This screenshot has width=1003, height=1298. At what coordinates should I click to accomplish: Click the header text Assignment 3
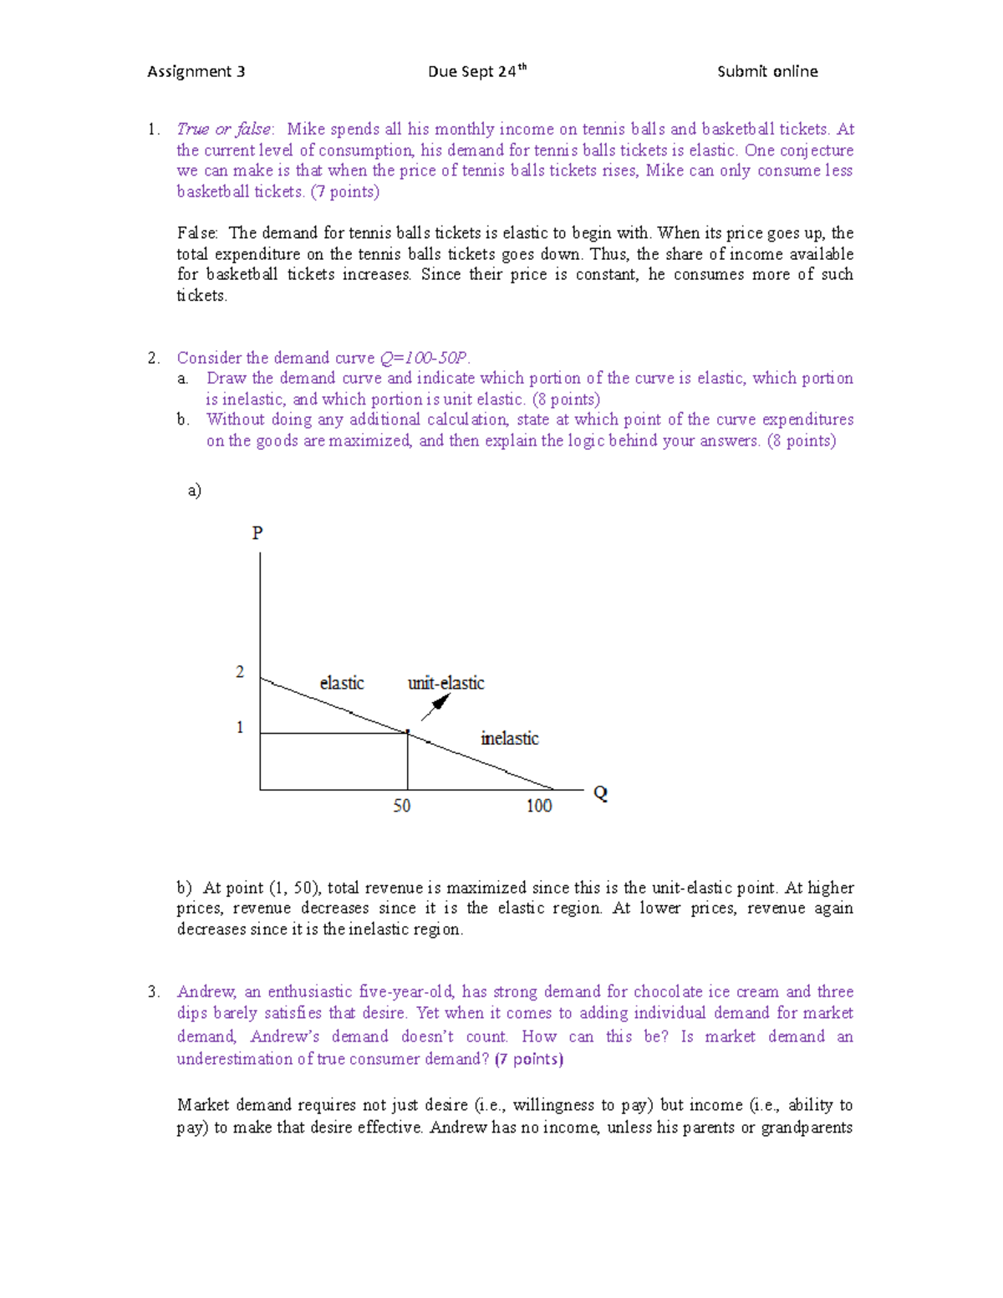pyautogui.click(x=196, y=72)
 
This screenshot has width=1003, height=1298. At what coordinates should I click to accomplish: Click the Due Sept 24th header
pyautogui.click(x=476, y=72)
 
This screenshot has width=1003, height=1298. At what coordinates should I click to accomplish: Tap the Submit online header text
pyautogui.click(x=767, y=72)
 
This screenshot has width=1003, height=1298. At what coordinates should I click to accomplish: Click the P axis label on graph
pyautogui.click(x=257, y=533)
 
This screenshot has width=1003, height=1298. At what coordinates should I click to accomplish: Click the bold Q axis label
pyautogui.click(x=600, y=793)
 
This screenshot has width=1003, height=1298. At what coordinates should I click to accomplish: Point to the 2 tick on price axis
pyautogui.click(x=240, y=672)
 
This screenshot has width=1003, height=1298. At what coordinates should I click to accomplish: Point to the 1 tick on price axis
pyautogui.click(x=240, y=727)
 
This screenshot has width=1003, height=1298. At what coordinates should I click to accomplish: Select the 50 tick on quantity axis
pyautogui.click(x=402, y=806)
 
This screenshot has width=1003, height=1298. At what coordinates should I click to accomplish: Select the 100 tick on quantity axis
pyautogui.click(x=539, y=806)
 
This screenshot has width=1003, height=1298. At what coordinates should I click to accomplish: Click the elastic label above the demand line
pyautogui.click(x=342, y=684)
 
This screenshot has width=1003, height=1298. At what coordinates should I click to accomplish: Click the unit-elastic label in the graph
pyautogui.click(x=445, y=684)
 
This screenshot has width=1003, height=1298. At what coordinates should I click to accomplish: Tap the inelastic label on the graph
pyautogui.click(x=510, y=739)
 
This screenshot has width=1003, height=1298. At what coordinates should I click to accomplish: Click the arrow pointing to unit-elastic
pyautogui.click(x=435, y=707)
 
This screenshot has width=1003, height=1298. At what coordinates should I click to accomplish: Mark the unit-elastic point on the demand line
pyautogui.click(x=408, y=733)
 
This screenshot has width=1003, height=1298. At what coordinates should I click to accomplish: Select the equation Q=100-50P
pyautogui.click(x=423, y=359)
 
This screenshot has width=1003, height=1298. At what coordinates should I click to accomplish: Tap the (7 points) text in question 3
pyautogui.click(x=529, y=1060)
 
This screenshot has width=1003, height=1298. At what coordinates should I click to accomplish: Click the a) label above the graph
pyautogui.click(x=195, y=491)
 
